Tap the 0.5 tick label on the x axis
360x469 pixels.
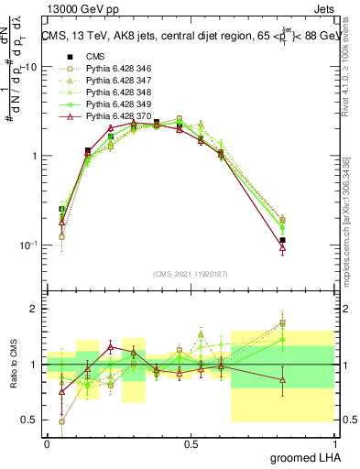(x=191, y=444)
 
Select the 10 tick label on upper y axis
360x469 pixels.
(x=29, y=67)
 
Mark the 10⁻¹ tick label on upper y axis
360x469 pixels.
(x=27, y=245)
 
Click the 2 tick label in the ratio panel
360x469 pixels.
(x=33, y=310)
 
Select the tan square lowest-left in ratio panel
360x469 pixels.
(x=61, y=421)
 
